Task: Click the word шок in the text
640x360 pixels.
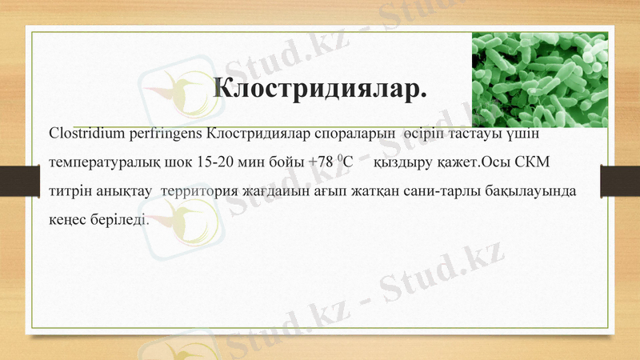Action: [x=180, y=162]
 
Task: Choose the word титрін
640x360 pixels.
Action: [x=70, y=192]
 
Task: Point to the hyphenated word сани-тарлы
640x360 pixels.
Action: [x=443, y=192]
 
